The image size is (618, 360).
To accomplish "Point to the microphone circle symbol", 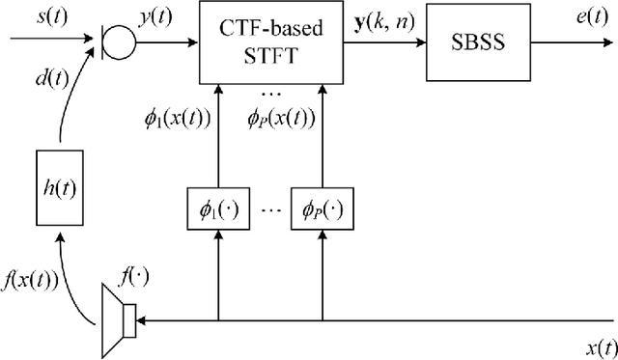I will (120, 43).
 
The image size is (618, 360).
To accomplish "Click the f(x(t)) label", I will (31, 283).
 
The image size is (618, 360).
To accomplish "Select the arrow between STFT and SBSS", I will (383, 43).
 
